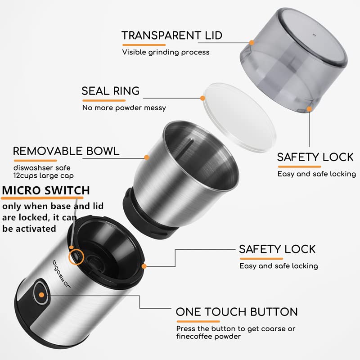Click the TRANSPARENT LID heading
point(172,36)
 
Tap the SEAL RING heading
point(110,91)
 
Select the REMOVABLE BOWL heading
point(66,151)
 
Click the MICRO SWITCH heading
point(46,190)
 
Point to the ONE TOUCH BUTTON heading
point(237,312)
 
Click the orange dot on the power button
point(41,295)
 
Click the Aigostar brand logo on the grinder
point(62,274)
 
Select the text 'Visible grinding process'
point(166,52)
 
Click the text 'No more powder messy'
point(124,108)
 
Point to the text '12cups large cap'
point(44,175)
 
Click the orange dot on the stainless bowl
point(147,157)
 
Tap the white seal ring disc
point(239,117)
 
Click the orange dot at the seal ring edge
point(202,98)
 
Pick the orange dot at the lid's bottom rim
point(309,109)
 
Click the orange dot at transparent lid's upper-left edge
point(252,43)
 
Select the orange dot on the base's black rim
point(144,266)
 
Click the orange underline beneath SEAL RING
point(104,100)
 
